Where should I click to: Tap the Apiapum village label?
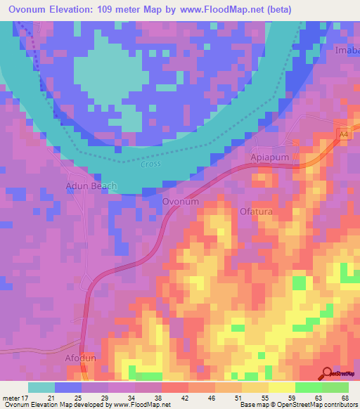coord(270,159)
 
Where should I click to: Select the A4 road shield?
coord(342,134)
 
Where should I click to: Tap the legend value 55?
coord(256,398)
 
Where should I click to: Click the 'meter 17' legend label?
coord(15,398)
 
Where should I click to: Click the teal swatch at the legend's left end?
coord(41,387)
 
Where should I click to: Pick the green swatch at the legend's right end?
coord(335,387)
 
